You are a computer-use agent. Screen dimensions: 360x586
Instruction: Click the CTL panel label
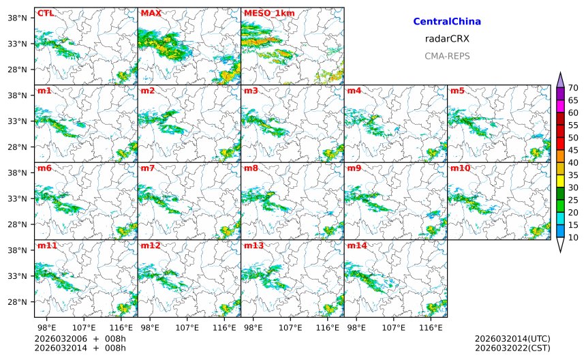tap(45, 13)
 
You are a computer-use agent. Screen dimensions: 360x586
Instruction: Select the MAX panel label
tap(151, 13)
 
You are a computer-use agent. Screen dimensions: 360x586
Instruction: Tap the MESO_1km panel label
tap(265, 13)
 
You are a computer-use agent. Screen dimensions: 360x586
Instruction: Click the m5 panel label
tap(457, 91)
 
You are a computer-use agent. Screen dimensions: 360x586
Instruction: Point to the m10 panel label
tap(459, 168)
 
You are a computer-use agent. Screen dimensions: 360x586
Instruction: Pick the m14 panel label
tap(356, 245)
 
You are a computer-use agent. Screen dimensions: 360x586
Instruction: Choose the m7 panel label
tap(148, 168)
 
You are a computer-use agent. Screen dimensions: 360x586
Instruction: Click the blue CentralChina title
tap(447, 22)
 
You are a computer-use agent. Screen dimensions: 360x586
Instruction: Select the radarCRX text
tap(447, 39)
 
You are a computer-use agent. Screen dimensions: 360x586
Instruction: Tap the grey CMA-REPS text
tap(447, 56)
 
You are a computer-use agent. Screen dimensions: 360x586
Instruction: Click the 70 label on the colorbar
tap(573, 87)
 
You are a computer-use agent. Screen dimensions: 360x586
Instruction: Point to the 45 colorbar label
tap(573, 150)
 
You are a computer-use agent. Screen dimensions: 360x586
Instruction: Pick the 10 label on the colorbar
tap(573, 237)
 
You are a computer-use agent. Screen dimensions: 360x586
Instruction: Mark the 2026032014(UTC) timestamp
tap(512, 339)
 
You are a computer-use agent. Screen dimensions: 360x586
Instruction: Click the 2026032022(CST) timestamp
tap(512, 348)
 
